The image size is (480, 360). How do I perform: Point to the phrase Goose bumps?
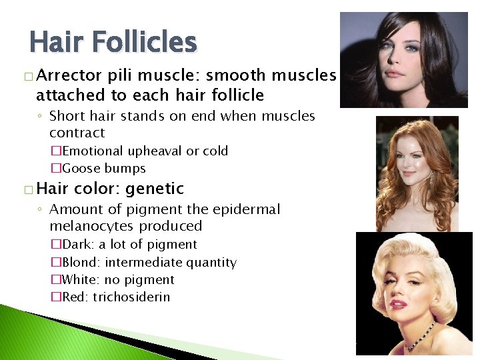point(103,169)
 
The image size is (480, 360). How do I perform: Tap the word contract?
point(77,133)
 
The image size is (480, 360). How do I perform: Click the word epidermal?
point(247,209)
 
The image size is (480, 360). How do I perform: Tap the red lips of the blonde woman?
point(399,305)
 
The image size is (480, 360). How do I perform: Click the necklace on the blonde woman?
point(419,337)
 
